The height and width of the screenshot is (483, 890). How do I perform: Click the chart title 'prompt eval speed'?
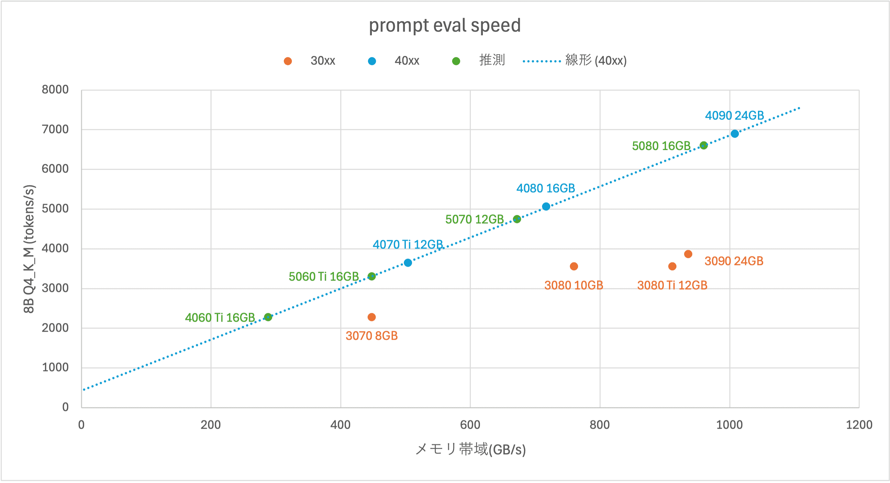pos(445,26)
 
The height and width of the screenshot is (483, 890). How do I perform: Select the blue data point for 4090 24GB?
pos(735,134)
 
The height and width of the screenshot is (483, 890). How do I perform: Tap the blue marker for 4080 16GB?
pos(546,207)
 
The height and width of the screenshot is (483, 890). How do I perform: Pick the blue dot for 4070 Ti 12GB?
pos(408,263)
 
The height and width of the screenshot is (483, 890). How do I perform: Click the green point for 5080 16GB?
pos(704,145)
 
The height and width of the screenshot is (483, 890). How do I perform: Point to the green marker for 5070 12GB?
pos(517,219)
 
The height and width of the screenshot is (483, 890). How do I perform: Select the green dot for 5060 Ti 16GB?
pos(372,276)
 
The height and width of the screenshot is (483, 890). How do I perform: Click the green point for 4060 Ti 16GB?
pos(268,317)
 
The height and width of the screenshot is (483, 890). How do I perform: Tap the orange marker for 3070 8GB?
pos(372,317)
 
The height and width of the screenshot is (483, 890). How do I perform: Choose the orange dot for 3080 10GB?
pos(574,266)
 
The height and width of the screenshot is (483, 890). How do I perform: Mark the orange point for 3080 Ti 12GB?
pos(672,266)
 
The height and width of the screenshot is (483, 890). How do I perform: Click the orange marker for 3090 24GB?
pos(688,254)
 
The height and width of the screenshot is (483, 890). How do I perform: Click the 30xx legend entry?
pos(322,61)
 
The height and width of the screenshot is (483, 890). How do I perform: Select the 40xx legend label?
pos(407,61)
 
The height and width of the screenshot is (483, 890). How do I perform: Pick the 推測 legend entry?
pos(492,60)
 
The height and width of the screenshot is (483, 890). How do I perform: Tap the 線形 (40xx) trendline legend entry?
pos(595,61)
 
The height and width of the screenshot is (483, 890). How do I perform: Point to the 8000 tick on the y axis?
pos(55,90)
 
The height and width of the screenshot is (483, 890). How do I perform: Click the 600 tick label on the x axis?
pos(470,425)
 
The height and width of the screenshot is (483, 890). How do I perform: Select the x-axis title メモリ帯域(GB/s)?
pos(470,449)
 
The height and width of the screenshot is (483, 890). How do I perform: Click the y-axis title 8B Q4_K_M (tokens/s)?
pos(29,249)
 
